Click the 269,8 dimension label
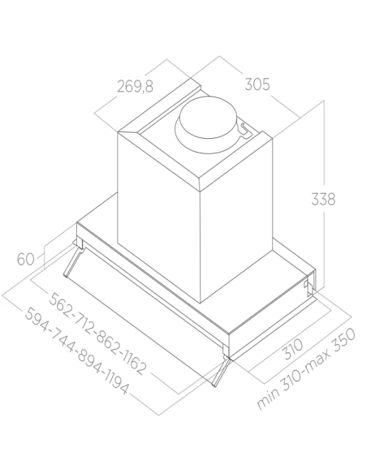coord(135,86)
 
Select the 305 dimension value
coord(257,84)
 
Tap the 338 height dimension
coord(323,199)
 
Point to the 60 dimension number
coord(25,259)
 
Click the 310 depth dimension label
coord(292,349)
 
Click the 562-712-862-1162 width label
coord(97,334)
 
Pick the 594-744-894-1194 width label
coord(76,351)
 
